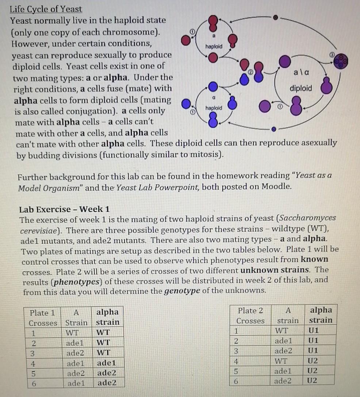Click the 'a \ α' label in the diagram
tap(302, 73)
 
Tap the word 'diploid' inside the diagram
tap(301, 88)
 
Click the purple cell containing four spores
tap(341, 61)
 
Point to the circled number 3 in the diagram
tap(332, 54)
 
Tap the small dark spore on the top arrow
tap(276, 17)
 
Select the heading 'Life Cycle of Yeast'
tap(46, 9)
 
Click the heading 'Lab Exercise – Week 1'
tap(64, 209)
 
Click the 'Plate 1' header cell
tap(42, 313)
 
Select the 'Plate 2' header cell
tap(250, 311)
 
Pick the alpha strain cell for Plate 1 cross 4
tap(106, 363)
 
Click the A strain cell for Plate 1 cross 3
tap(75, 353)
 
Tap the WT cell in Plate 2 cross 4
tap(287, 361)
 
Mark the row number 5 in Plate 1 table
tap(33, 373)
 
